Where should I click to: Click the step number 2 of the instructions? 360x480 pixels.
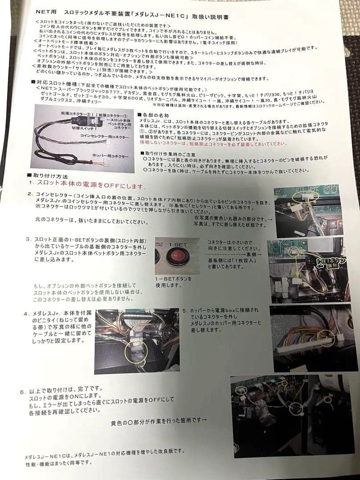click(x=29, y=194)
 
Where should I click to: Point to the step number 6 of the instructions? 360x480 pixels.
click(x=22, y=392)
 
